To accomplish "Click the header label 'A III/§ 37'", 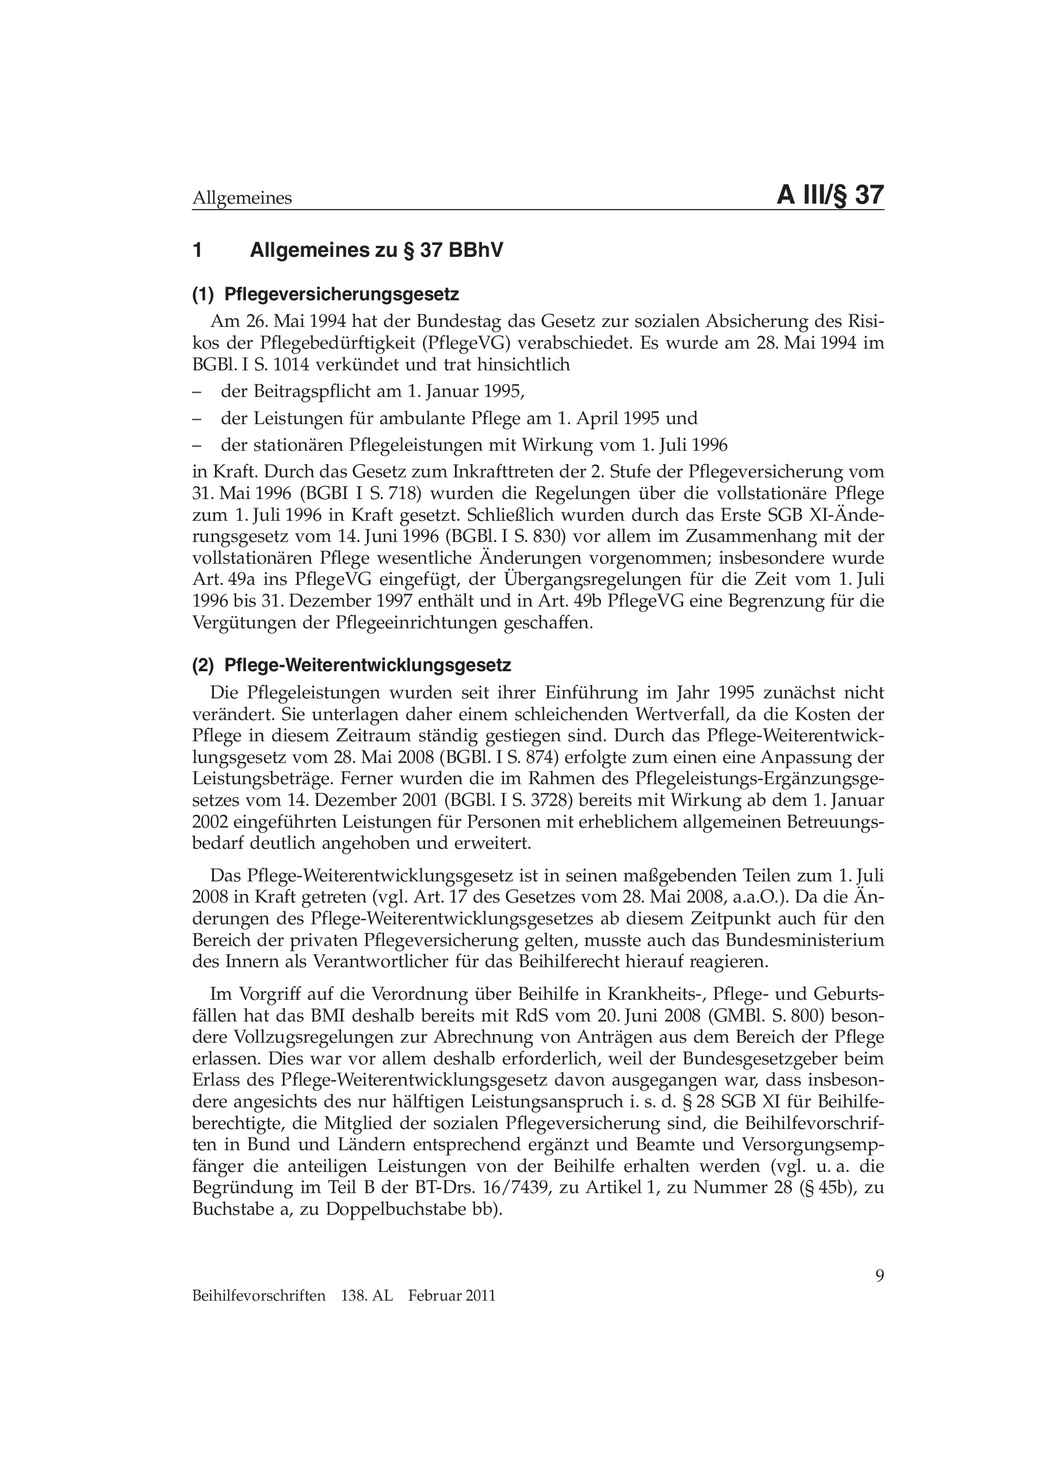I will (829, 196).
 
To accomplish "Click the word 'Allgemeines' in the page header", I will (242, 198).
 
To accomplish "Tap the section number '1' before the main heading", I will (197, 250).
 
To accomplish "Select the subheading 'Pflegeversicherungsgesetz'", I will (341, 295).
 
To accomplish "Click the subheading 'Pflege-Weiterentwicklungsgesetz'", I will (367, 665).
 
